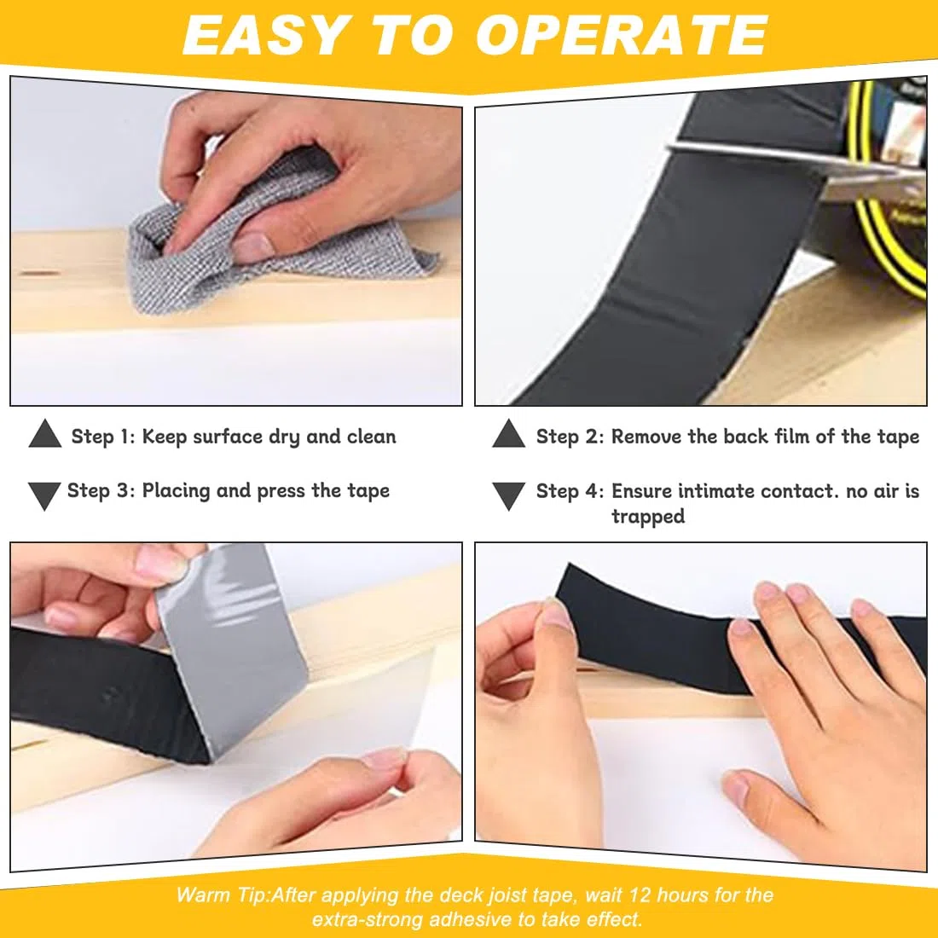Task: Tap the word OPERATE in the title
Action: [622, 35]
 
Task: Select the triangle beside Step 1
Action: [45, 434]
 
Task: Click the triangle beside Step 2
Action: [508, 434]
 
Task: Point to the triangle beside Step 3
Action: [44, 495]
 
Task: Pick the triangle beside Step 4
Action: [508, 495]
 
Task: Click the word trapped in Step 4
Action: [648, 517]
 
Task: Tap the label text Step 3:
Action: [101, 490]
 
